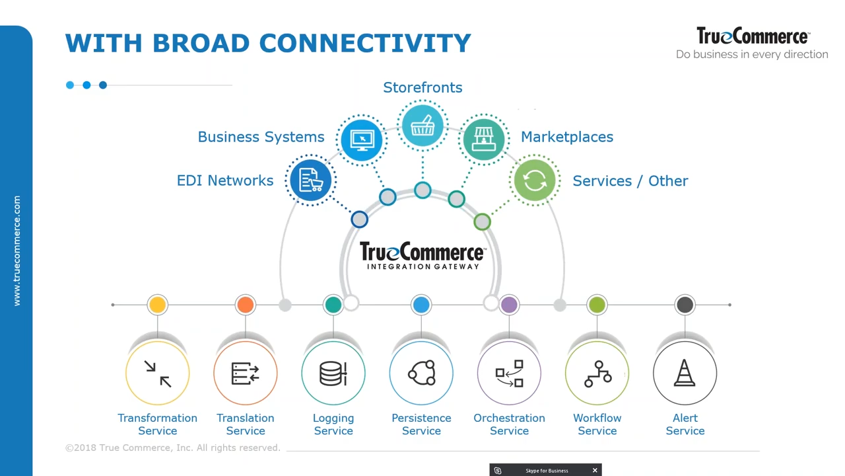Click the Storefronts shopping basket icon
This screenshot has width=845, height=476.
point(422,126)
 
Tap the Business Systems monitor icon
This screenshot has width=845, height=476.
point(362,139)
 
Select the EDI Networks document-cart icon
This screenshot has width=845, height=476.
point(311,180)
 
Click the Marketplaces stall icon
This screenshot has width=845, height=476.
point(484,139)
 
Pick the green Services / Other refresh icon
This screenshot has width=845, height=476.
point(534,180)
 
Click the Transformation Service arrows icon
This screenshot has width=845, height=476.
point(157,374)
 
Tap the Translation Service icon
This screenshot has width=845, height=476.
point(246,374)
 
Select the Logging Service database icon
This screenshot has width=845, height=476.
point(333,374)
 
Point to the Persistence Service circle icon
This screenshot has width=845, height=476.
point(421,374)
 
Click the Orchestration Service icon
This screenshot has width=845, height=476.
point(509,374)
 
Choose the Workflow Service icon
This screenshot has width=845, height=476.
point(597,374)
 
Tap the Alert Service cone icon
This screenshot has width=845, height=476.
point(685,374)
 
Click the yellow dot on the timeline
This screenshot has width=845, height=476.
point(157,305)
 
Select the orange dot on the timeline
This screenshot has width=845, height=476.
point(246,305)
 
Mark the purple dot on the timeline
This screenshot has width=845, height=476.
point(509,305)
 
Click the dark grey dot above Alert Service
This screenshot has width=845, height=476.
point(685,305)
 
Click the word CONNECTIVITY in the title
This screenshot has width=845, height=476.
point(365,43)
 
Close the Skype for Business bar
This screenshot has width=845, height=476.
point(595,470)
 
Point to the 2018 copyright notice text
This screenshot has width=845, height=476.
point(173,448)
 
